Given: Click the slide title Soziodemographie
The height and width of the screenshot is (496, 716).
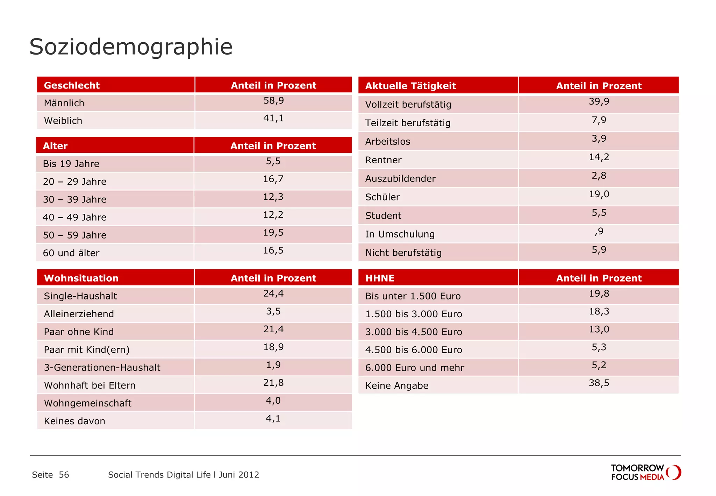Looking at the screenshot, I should point(131,47).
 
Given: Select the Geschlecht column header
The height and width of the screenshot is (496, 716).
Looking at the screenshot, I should point(72,85).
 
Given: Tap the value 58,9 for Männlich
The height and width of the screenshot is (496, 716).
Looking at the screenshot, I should point(273,101).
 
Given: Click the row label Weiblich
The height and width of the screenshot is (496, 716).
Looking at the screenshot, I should point(63,121).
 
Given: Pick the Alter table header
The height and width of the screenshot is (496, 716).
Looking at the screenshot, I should point(55,146).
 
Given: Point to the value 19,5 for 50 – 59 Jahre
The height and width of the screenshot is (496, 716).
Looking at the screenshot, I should point(273,233).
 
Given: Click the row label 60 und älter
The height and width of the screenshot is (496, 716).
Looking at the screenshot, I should point(71,253).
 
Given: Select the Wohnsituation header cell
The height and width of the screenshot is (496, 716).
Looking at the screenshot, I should point(81,278).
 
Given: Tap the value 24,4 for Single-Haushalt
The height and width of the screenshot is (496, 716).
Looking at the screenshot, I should point(273,293).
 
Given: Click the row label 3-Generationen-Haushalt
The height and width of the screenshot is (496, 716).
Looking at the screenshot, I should point(102,367).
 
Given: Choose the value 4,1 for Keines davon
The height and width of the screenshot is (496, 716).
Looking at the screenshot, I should point(273,418).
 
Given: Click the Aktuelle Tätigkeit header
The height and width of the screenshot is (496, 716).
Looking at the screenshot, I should point(410,86).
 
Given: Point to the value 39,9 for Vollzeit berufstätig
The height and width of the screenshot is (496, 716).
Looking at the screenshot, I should point(599,101).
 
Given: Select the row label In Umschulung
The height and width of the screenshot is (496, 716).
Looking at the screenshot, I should point(400,234).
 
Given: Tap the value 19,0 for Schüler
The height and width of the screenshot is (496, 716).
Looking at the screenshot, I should point(599,194).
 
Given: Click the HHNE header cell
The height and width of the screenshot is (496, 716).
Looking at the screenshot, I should point(380,278).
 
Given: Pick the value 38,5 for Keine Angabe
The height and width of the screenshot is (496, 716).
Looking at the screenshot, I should point(599,383).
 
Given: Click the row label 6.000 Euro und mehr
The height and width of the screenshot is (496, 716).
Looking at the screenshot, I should point(415,368).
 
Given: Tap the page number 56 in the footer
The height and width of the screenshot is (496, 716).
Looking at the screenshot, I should point(64,475).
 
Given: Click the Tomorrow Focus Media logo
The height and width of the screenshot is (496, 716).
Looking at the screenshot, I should point(645,472).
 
